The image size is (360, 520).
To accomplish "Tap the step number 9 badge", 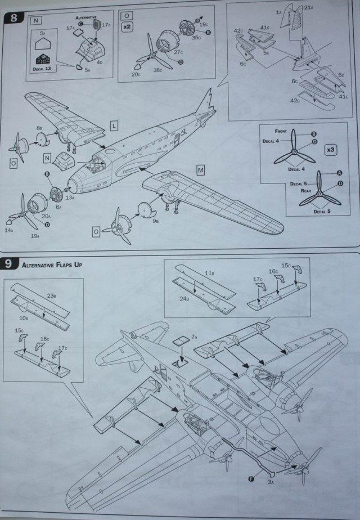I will pyautogui.click(x=10, y=263).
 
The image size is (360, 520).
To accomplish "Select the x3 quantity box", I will pyautogui.click(x=332, y=150).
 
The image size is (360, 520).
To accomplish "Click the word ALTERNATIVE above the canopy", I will pyautogui.click(x=85, y=17).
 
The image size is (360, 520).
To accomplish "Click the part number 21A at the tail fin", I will pyautogui.click(x=308, y=7).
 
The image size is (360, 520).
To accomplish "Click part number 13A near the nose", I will pyautogui.click(x=70, y=198).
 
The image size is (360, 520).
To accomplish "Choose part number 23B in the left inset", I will pyautogui.click(x=51, y=296).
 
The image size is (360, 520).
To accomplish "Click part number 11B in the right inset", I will pyautogui.click(x=209, y=273).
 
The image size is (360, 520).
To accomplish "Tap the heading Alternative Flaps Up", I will pyautogui.click(x=52, y=263).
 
